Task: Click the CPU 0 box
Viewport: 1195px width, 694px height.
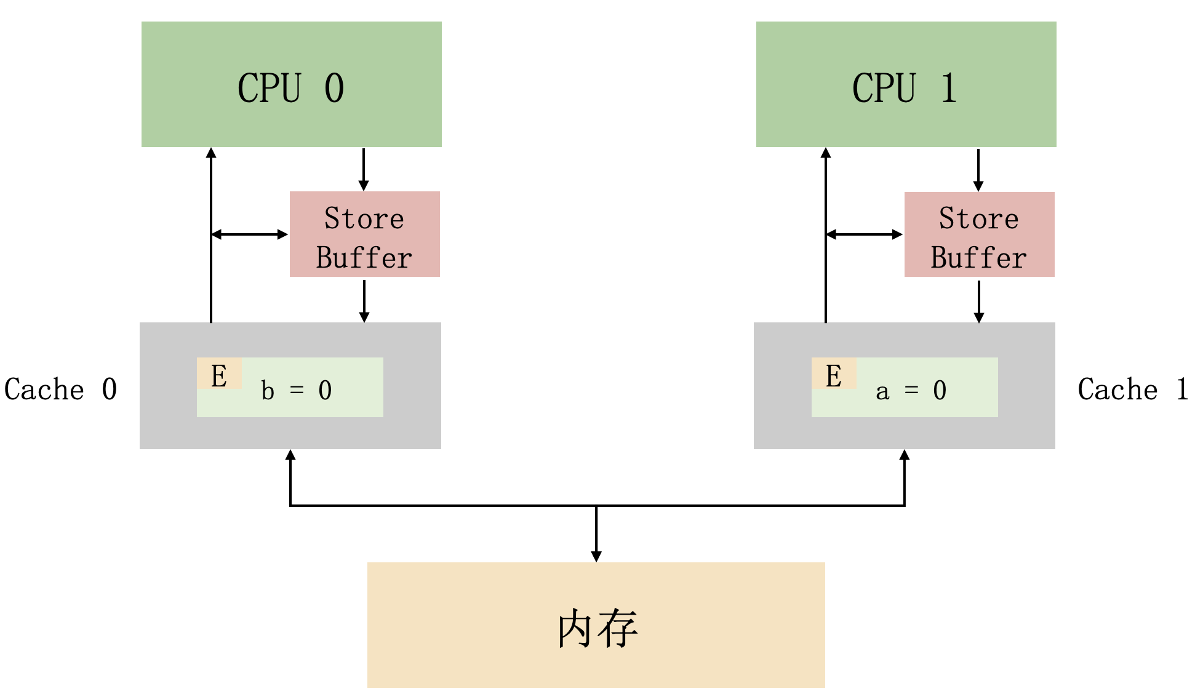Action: tap(292, 84)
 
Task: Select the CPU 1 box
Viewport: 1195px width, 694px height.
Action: tap(906, 84)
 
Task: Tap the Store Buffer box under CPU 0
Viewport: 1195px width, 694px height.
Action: tap(365, 234)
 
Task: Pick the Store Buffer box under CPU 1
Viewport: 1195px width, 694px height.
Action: tap(979, 234)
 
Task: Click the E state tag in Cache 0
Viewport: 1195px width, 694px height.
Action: tap(219, 373)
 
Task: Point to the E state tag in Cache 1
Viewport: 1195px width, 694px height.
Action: tap(834, 373)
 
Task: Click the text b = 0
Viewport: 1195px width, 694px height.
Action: tap(296, 391)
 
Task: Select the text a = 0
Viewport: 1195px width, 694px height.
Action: tap(911, 391)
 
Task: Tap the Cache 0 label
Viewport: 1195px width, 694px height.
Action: tap(60, 389)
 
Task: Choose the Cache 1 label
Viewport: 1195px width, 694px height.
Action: tap(1133, 389)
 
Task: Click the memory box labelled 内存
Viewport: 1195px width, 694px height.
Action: tap(596, 624)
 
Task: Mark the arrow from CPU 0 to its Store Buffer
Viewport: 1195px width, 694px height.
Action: tap(364, 170)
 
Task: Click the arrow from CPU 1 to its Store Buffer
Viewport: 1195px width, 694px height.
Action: tap(978, 170)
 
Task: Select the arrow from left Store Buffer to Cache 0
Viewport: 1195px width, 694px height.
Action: tap(364, 301)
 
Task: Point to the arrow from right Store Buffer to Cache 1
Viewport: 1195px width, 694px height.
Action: tap(979, 301)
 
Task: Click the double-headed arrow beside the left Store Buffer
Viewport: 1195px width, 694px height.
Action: tap(250, 234)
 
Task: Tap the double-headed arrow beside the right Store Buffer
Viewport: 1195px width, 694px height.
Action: tap(865, 234)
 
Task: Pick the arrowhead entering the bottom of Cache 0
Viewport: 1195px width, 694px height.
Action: tap(290, 455)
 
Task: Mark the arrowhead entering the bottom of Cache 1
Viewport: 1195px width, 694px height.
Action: tap(905, 455)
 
